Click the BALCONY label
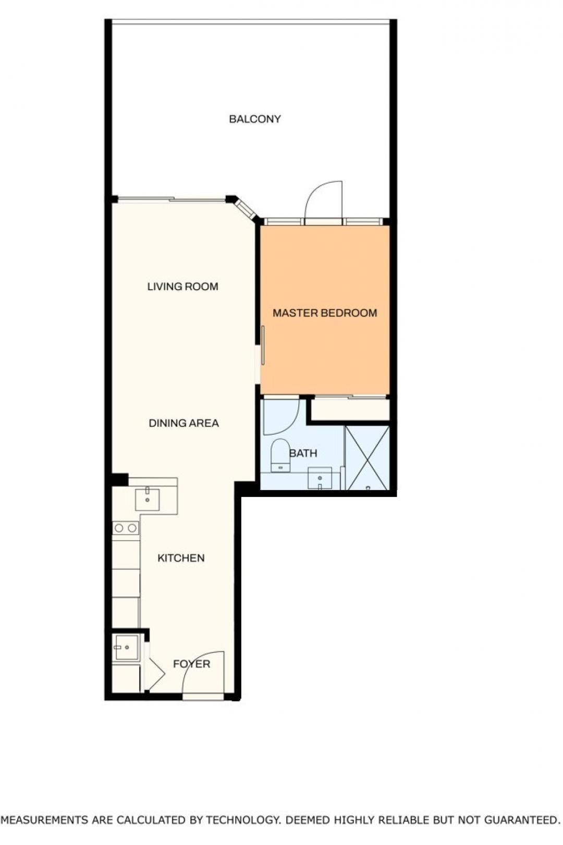[x=255, y=119]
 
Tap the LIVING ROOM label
[x=183, y=287]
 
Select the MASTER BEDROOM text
[x=325, y=313]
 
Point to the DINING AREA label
[x=184, y=423]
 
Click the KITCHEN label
[x=181, y=558]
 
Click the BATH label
[x=303, y=453]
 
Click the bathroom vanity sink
[x=320, y=478]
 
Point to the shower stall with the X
[x=367, y=458]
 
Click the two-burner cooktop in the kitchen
[x=126, y=528]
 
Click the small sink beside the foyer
[x=127, y=647]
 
